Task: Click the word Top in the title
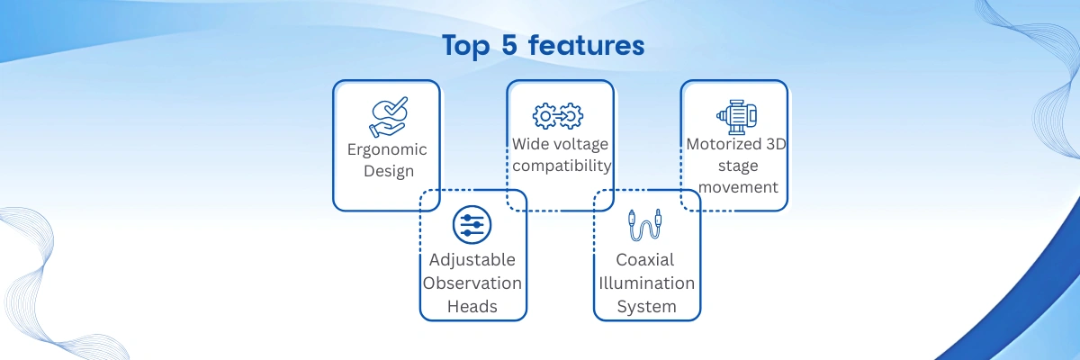(466, 46)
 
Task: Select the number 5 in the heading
(509, 45)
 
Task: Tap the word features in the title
(586, 44)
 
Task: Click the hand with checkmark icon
(389, 117)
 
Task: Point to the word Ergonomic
(387, 150)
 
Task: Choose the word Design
(389, 171)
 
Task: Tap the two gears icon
(558, 116)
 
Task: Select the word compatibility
(562, 166)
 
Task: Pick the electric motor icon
(736, 117)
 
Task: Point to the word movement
(738, 187)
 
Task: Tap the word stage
(738, 166)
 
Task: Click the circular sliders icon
(472, 225)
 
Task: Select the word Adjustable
(472, 260)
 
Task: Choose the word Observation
(472, 283)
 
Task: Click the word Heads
(472, 307)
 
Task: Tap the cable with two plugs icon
(644, 225)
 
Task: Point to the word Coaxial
(645, 260)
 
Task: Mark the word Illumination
(646, 283)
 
